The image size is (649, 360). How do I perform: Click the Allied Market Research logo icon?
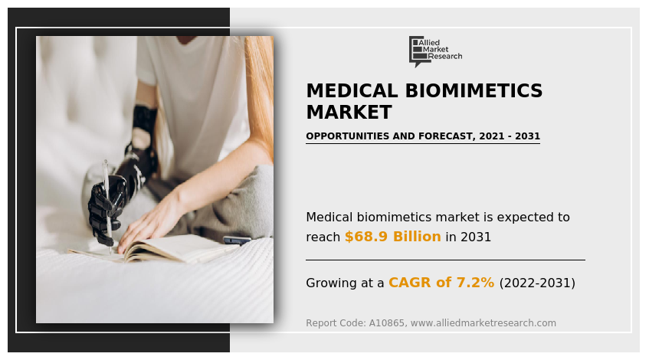coord(417,50)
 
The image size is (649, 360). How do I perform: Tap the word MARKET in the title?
coord(349,113)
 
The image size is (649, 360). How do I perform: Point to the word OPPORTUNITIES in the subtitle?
coord(348,136)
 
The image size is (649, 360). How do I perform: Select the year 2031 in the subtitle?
coord(527,136)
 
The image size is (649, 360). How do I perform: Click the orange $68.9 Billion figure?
coord(392,237)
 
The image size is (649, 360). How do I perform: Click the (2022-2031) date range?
coord(536,283)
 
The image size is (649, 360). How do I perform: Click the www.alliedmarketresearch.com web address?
coord(483,323)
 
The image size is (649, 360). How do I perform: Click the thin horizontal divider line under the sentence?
coord(445,260)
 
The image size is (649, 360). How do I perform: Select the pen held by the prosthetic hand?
coord(108,207)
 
